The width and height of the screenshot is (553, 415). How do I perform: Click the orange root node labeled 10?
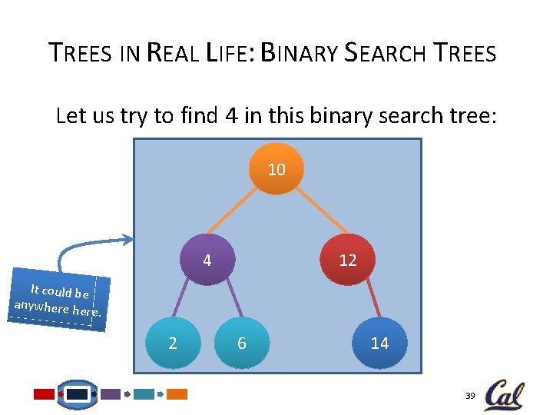click(276, 169)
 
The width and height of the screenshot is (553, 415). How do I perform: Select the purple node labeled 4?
click(207, 260)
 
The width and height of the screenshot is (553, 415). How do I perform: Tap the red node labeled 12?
click(348, 260)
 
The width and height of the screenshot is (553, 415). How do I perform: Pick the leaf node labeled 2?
click(173, 343)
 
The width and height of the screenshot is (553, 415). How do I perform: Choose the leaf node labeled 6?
click(242, 343)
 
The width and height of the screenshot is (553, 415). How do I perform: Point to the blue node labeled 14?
click(379, 343)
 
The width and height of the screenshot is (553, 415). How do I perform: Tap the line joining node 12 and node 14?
click(366, 300)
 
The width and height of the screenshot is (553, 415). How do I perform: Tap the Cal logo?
click(504, 395)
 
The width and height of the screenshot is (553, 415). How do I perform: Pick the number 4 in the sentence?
click(230, 116)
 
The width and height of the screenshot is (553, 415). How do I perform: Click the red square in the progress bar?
click(45, 394)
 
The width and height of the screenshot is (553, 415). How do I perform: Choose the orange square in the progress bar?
click(177, 394)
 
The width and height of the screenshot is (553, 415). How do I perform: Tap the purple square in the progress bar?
click(111, 394)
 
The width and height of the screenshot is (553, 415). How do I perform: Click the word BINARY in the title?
click(300, 53)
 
